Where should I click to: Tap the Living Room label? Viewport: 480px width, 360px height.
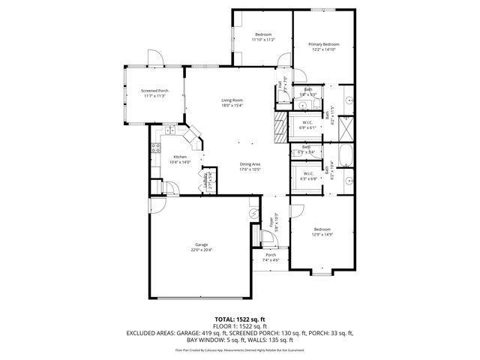click(232, 100)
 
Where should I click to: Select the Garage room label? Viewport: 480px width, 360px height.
click(200, 244)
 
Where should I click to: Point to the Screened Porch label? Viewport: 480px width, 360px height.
click(154, 91)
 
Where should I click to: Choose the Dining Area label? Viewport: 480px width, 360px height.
click(250, 164)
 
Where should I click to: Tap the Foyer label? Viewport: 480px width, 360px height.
click(271, 221)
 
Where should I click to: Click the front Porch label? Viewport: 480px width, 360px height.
click(271, 255)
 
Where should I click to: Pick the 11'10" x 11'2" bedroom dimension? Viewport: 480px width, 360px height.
click(262, 40)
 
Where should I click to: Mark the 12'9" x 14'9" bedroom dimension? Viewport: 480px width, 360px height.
click(322, 234)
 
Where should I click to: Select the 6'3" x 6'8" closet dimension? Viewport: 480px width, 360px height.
click(308, 179)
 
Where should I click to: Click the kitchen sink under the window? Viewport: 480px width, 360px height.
click(170, 131)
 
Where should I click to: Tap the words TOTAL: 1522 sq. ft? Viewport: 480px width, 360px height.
click(239, 319)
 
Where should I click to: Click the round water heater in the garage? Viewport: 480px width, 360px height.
click(253, 213)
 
